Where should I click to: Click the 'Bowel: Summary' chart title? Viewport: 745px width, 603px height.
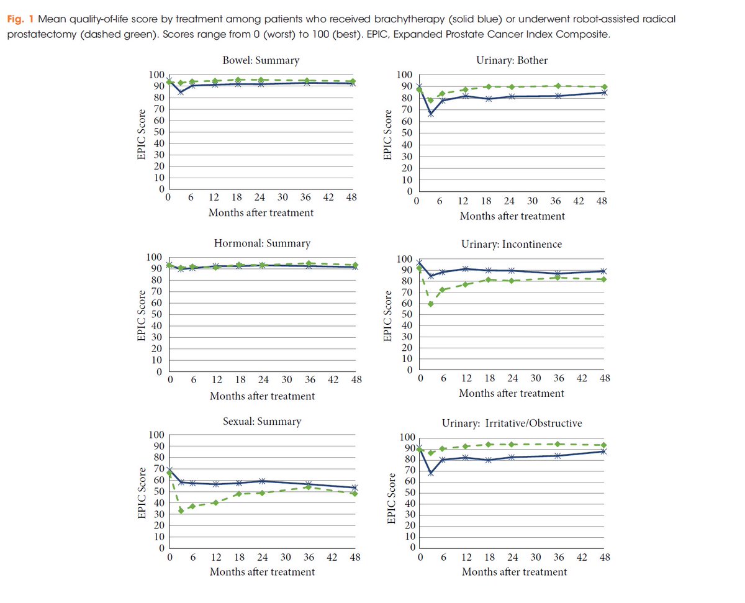click(x=261, y=60)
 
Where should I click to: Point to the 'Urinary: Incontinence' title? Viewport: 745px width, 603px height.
click(x=512, y=244)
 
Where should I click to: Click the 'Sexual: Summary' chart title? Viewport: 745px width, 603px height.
click(x=261, y=421)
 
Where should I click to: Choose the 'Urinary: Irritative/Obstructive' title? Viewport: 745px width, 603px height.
click(x=512, y=423)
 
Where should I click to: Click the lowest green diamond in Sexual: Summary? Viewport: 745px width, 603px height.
click(x=181, y=510)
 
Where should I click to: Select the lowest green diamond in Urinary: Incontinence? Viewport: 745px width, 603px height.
click(x=430, y=304)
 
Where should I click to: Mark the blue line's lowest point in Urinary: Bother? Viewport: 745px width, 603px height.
click(x=430, y=114)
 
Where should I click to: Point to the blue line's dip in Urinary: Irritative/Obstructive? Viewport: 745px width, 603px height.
click(x=430, y=473)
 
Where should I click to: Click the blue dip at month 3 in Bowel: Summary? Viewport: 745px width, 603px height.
click(x=180, y=92)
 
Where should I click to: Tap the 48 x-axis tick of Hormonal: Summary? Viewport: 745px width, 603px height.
click(x=356, y=379)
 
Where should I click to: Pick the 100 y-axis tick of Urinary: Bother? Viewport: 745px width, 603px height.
click(x=404, y=75)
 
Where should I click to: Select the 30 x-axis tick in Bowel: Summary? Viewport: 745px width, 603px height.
click(x=283, y=197)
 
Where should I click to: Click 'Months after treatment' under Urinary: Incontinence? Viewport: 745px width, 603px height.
click(x=512, y=393)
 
